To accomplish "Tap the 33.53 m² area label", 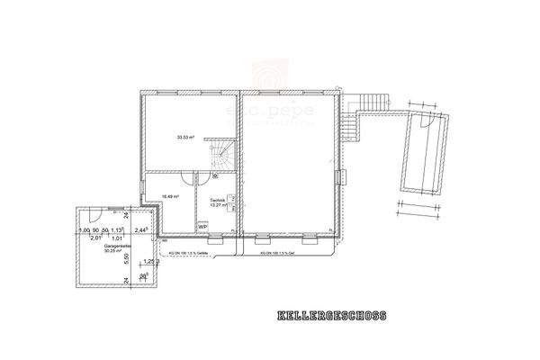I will (186, 137).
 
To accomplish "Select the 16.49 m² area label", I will (170, 195).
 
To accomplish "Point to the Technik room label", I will (218, 200).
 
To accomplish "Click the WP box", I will (203, 227).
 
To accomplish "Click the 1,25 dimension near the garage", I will (149, 262).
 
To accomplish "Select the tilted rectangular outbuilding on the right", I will (422, 152).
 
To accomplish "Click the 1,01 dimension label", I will (116, 238).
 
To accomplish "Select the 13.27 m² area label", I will (218, 205).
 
